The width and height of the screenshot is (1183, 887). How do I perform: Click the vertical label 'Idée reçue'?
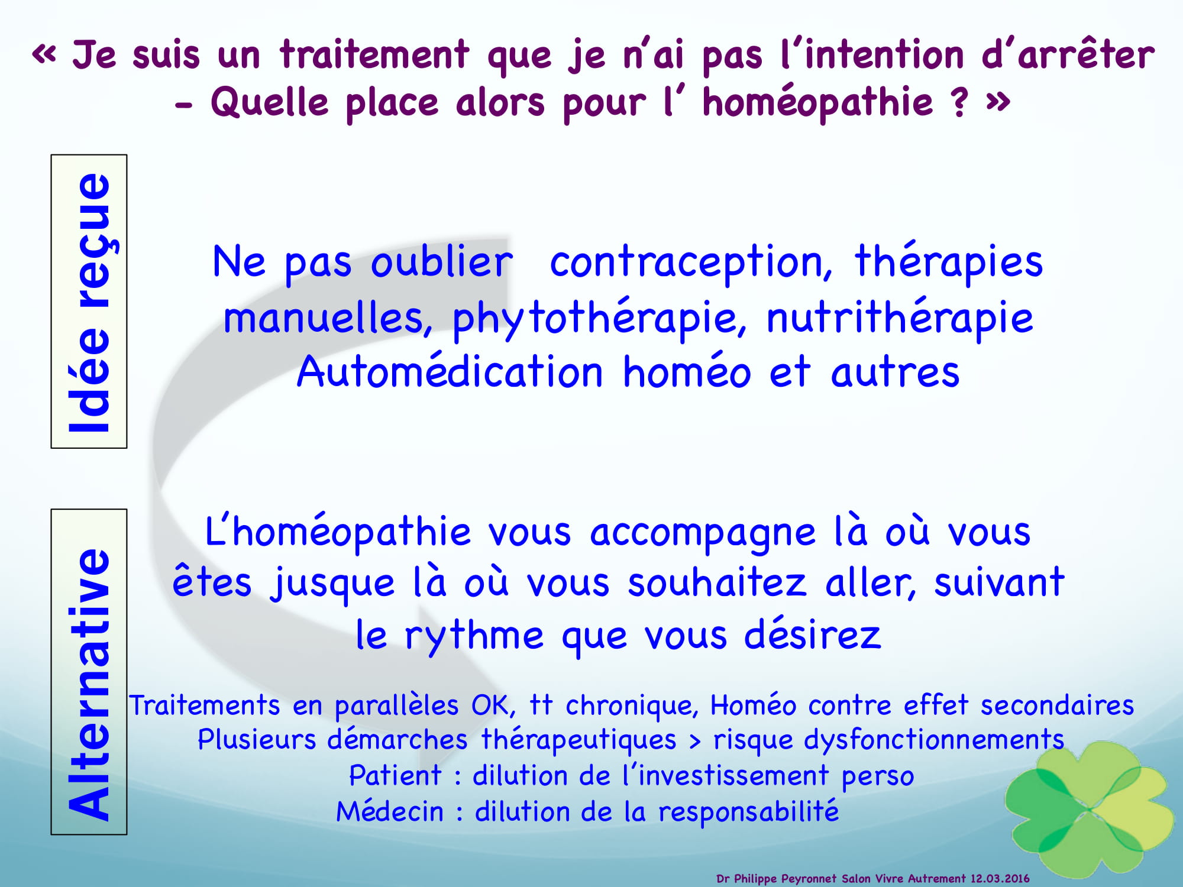[x=89, y=302]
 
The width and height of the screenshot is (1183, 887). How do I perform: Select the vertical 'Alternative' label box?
[x=89, y=672]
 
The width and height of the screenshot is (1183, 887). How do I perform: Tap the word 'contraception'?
[x=691, y=263]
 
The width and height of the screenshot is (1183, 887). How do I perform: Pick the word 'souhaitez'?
[x=717, y=582]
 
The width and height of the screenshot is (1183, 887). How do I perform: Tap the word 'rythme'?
[x=474, y=636]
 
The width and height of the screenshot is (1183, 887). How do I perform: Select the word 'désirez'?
[x=812, y=634]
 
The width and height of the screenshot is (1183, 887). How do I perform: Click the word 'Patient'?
[x=395, y=775]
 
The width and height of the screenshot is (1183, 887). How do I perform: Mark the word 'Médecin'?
[x=390, y=811]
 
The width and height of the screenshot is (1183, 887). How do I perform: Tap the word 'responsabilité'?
[x=749, y=812]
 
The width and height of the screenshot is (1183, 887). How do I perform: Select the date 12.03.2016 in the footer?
[x=1000, y=879]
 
